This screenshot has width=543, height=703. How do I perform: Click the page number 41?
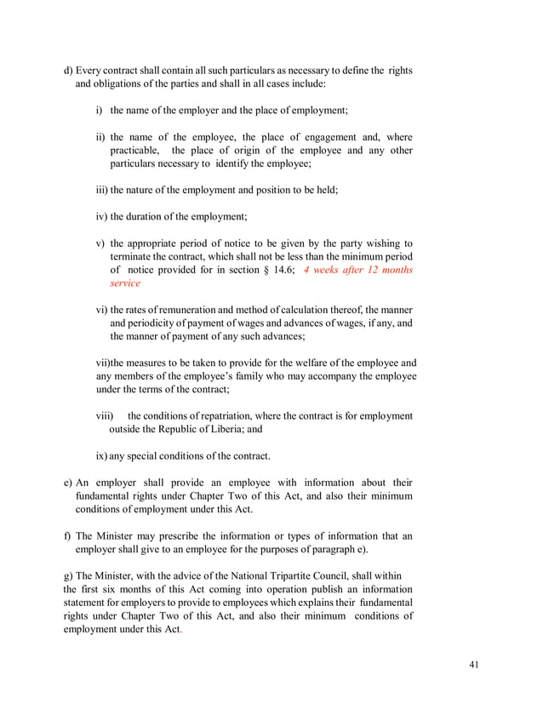(473, 664)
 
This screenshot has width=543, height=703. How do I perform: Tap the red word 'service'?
(125, 283)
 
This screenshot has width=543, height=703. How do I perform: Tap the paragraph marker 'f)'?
(68, 536)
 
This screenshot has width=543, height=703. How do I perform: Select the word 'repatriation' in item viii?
(207, 416)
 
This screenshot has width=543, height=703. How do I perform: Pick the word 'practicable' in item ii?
(134, 151)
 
